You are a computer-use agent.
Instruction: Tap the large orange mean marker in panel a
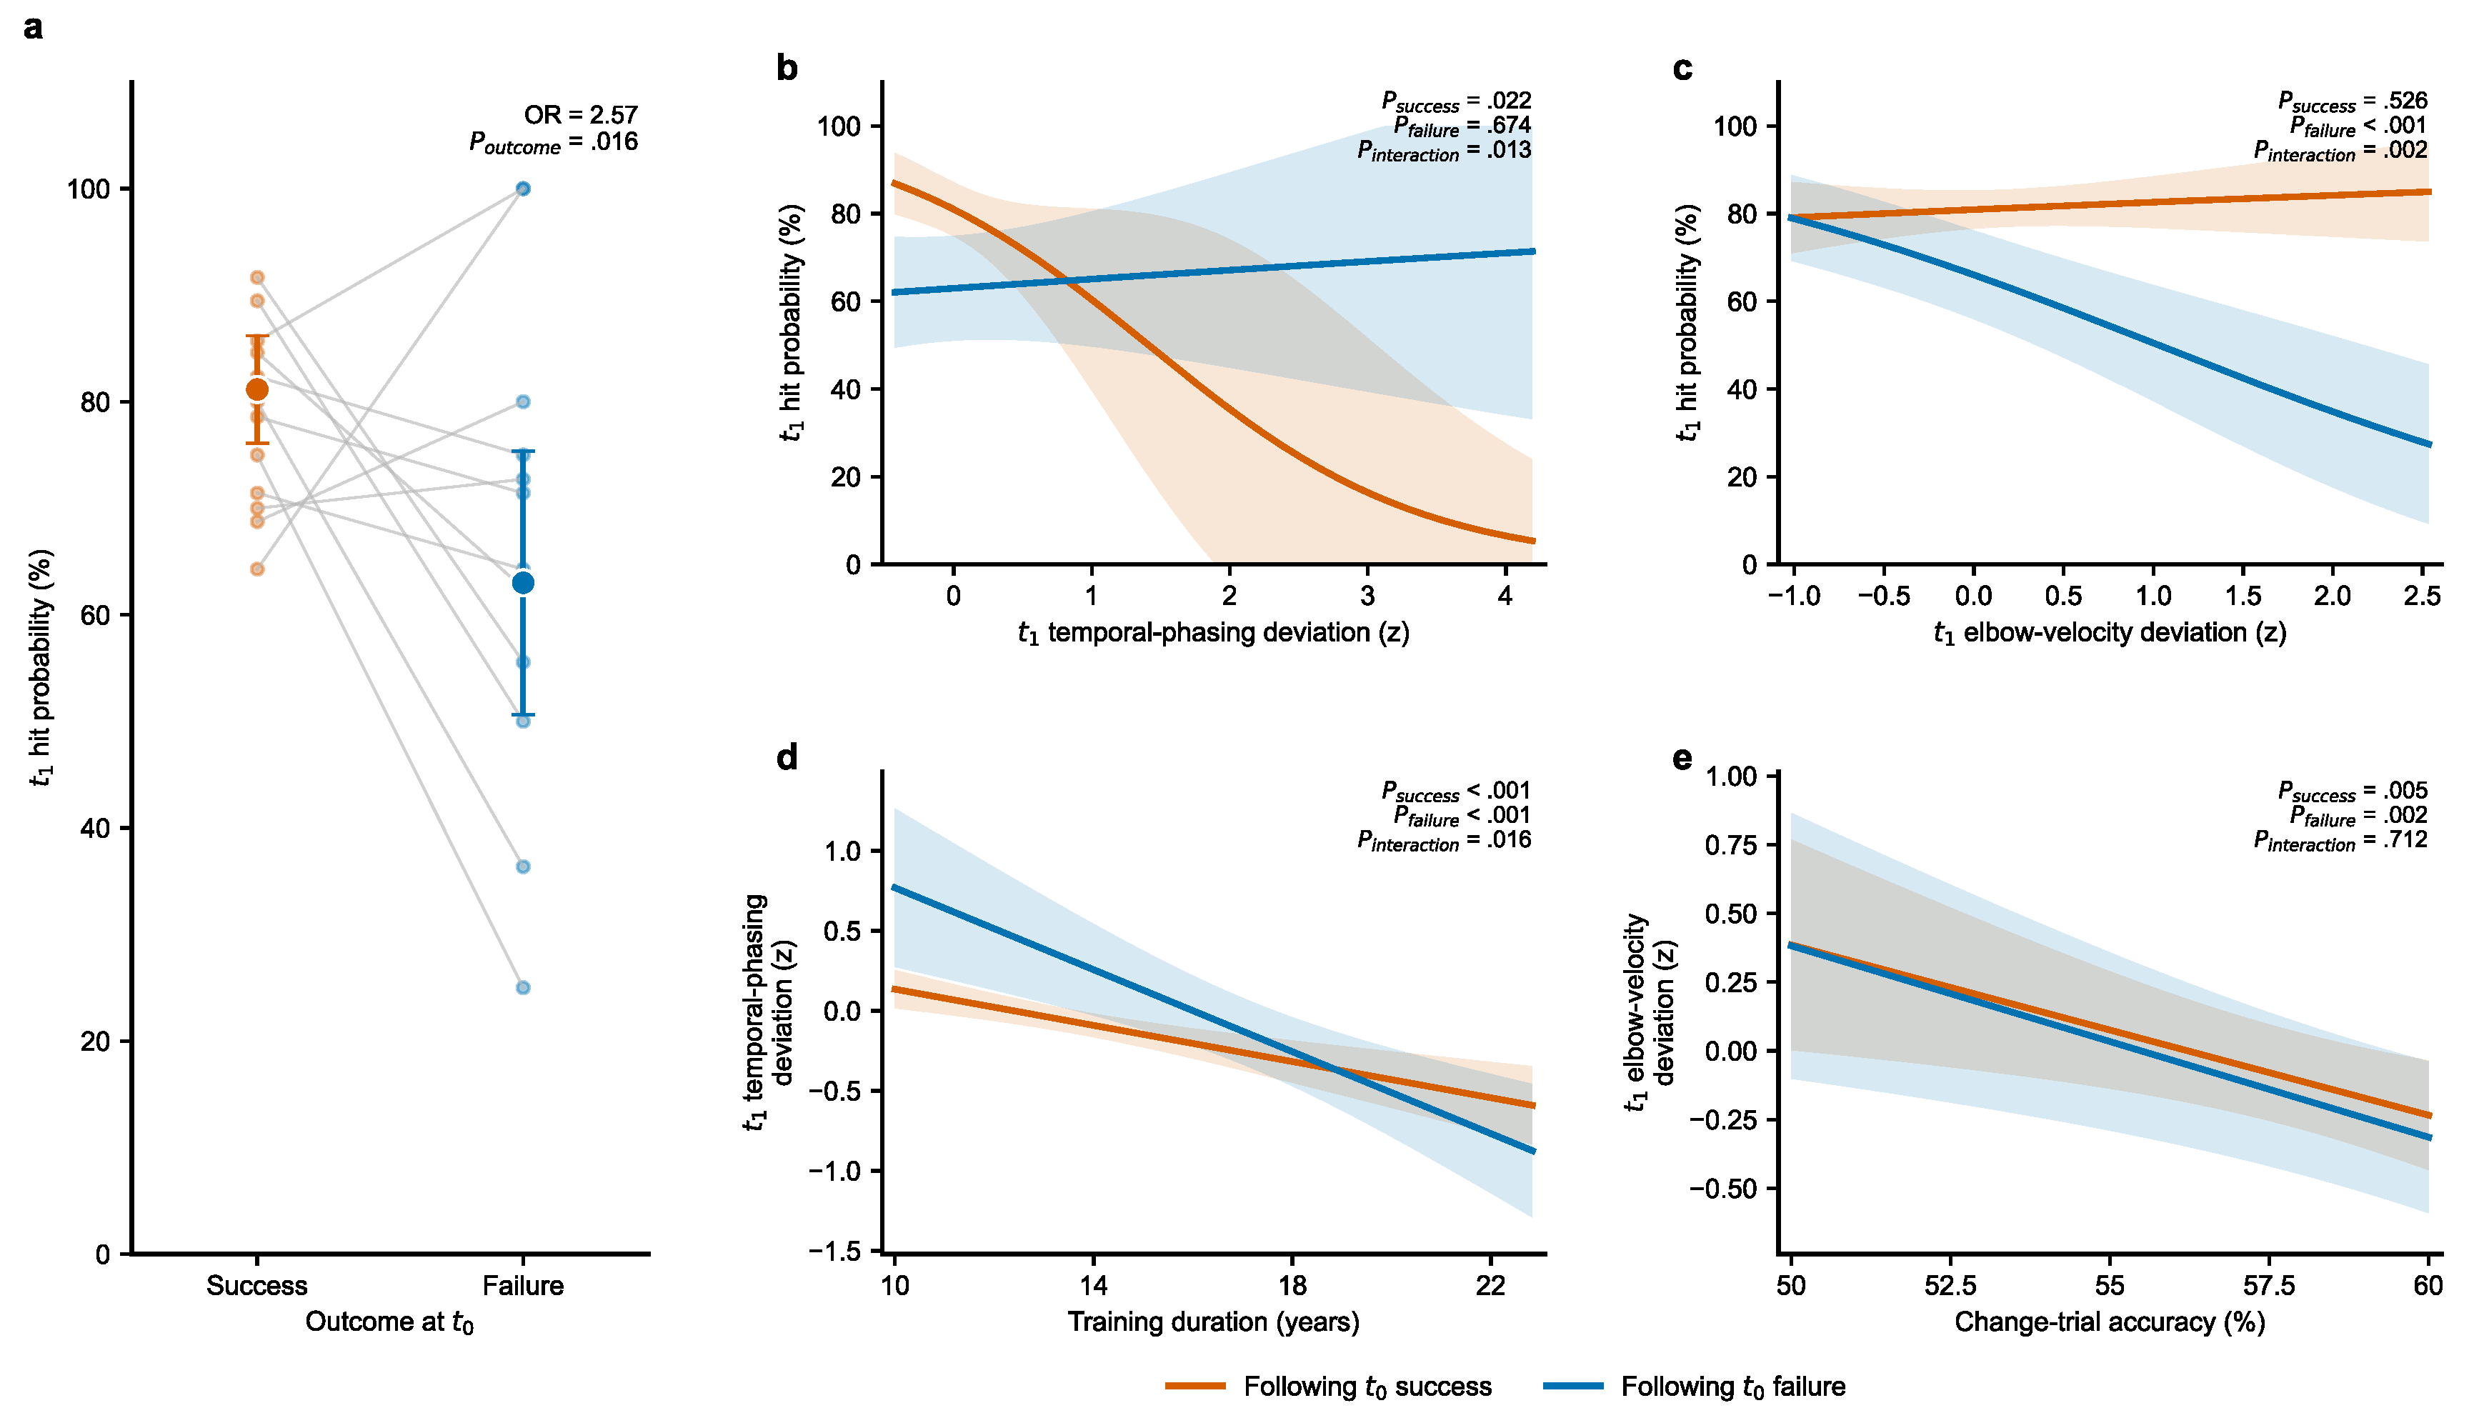[x=256, y=390]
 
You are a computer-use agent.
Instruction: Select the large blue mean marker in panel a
[x=523, y=583]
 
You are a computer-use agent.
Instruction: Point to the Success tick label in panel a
[x=256, y=1285]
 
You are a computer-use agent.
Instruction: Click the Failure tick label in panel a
[x=523, y=1285]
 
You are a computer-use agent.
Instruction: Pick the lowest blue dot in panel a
[x=523, y=987]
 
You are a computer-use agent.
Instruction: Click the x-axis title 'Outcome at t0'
[x=390, y=1322]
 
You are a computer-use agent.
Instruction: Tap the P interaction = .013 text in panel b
[x=1444, y=151]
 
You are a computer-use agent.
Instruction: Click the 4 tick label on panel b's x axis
[x=1506, y=596]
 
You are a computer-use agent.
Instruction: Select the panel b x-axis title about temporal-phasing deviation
[x=1214, y=634]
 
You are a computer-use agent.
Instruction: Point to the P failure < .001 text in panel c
[x=2358, y=126]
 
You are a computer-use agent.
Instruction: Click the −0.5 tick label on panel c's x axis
[x=1884, y=596]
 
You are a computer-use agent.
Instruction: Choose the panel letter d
[x=787, y=757]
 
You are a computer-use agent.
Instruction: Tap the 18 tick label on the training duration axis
[x=1292, y=1285]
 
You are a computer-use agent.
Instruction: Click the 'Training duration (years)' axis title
[x=1214, y=1322]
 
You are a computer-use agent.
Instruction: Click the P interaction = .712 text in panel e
[x=2340, y=840]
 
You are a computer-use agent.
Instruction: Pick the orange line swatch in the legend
[x=1195, y=1386]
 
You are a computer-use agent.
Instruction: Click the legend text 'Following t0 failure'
[x=1733, y=1387]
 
